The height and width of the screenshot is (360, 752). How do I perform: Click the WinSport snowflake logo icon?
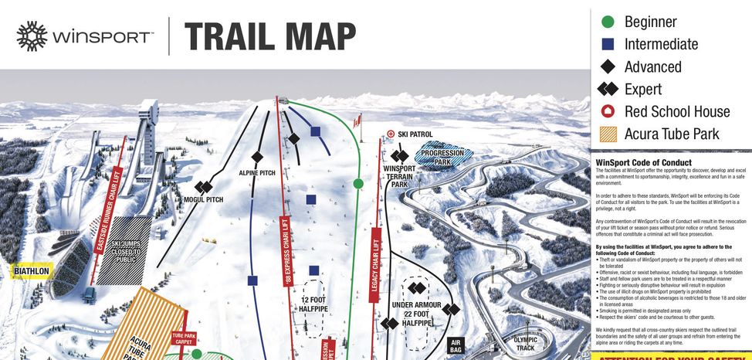pos(32,36)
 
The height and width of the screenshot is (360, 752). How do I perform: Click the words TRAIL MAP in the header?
pos(269,36)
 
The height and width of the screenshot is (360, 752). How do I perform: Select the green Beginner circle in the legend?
pos(608,22)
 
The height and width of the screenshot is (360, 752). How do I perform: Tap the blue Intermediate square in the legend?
pos(608,44)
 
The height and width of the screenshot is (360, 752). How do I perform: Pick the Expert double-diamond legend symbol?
pos(608,89)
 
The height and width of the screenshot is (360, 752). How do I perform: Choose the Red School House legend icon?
pos(608,111)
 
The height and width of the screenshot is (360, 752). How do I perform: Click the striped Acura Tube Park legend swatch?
pos(608,134)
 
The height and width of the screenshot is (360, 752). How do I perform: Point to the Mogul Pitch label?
pos(203,199)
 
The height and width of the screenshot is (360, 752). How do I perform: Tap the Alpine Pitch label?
pos(257,173)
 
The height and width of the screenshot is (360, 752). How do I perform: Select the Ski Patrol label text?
pos(415,134)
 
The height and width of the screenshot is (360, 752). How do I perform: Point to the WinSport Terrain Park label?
pos(399,176)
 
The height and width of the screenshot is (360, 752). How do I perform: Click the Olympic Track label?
pos(524,344)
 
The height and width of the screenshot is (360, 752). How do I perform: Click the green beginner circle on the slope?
pos(358,183)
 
